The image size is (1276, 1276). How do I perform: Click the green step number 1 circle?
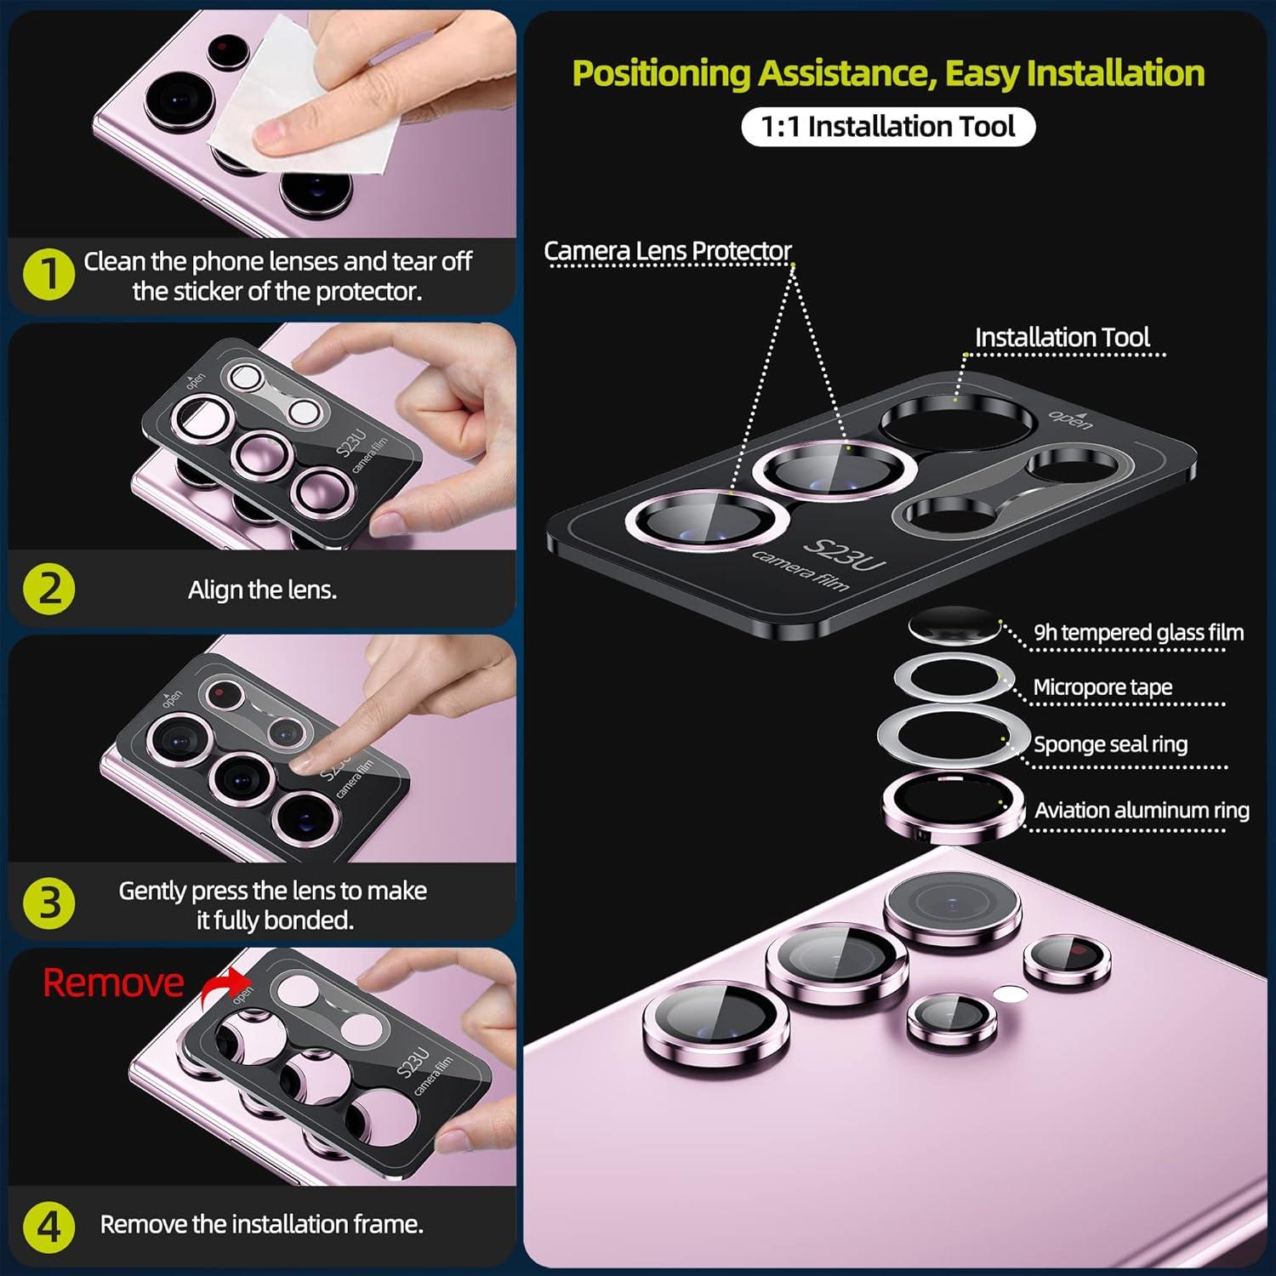(49, 274)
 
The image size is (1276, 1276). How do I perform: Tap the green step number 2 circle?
(49, 589)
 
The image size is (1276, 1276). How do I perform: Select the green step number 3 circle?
(49, 903)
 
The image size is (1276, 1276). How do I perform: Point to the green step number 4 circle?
(49, 1226)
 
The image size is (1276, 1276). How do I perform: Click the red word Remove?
(113, 983)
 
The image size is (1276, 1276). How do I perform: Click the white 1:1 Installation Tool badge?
(888, 127)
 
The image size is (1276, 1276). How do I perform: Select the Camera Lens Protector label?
(668, 251)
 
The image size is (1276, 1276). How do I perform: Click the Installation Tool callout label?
(1062, 338)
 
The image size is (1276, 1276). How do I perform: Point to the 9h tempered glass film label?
(1138, 633)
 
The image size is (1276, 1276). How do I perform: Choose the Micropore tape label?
(1102, 687)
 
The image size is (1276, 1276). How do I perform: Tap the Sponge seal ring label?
(1110, 744)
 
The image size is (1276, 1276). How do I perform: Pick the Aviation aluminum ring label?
(1142, 810)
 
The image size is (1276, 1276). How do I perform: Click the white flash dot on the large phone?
(1010, 993)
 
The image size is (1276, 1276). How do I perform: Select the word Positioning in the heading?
(662, 74)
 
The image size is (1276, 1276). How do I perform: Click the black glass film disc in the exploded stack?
(954, 625)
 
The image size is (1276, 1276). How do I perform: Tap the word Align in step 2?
(209, 590)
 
